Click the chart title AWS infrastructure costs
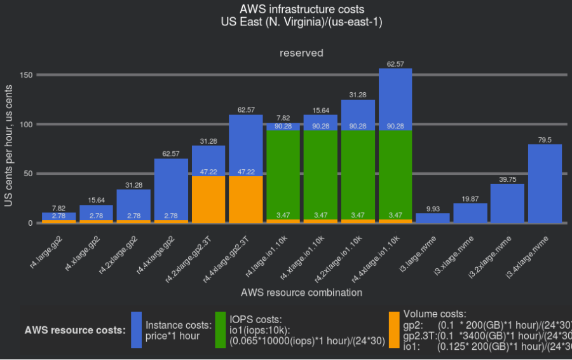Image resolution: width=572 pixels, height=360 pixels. (x=302, y=9)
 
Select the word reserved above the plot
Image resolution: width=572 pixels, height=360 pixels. (x=301, y=53)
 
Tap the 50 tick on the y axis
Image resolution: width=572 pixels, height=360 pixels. (x=29, y=174)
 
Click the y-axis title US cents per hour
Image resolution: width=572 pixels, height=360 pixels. (x=9, y=148)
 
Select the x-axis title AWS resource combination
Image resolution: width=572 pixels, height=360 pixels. (x=301, y=293)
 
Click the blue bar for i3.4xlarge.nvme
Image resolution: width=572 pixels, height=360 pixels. (x=545, y=184)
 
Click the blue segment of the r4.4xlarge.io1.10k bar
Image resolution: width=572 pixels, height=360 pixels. (x=395, y=95)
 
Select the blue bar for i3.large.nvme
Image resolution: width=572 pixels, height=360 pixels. (x=433, y=218)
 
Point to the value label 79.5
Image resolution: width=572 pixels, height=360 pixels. (x=545, y=140)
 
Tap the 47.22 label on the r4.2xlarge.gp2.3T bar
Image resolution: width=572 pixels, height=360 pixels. (x=208, y=172)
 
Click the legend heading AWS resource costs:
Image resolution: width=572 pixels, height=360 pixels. (x=74, y=330)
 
